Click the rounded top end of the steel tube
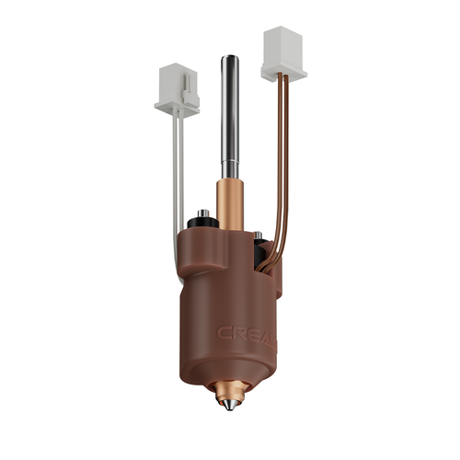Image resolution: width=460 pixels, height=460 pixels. click(230, 61)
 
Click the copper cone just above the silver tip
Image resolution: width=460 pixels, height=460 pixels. click(228, 390)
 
